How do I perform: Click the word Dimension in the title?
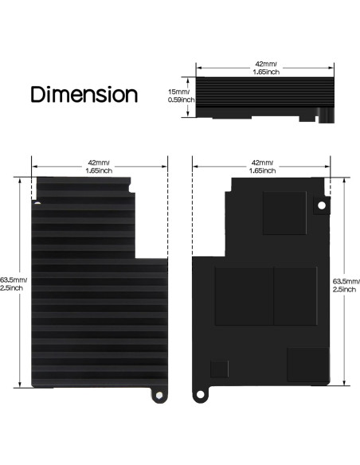coord(84,95)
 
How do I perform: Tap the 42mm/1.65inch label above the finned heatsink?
coord(100,165)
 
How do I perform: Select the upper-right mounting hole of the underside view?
coord(322,205)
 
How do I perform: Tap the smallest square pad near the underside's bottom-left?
coord(218,368)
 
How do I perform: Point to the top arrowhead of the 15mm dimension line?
coord(188,78)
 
